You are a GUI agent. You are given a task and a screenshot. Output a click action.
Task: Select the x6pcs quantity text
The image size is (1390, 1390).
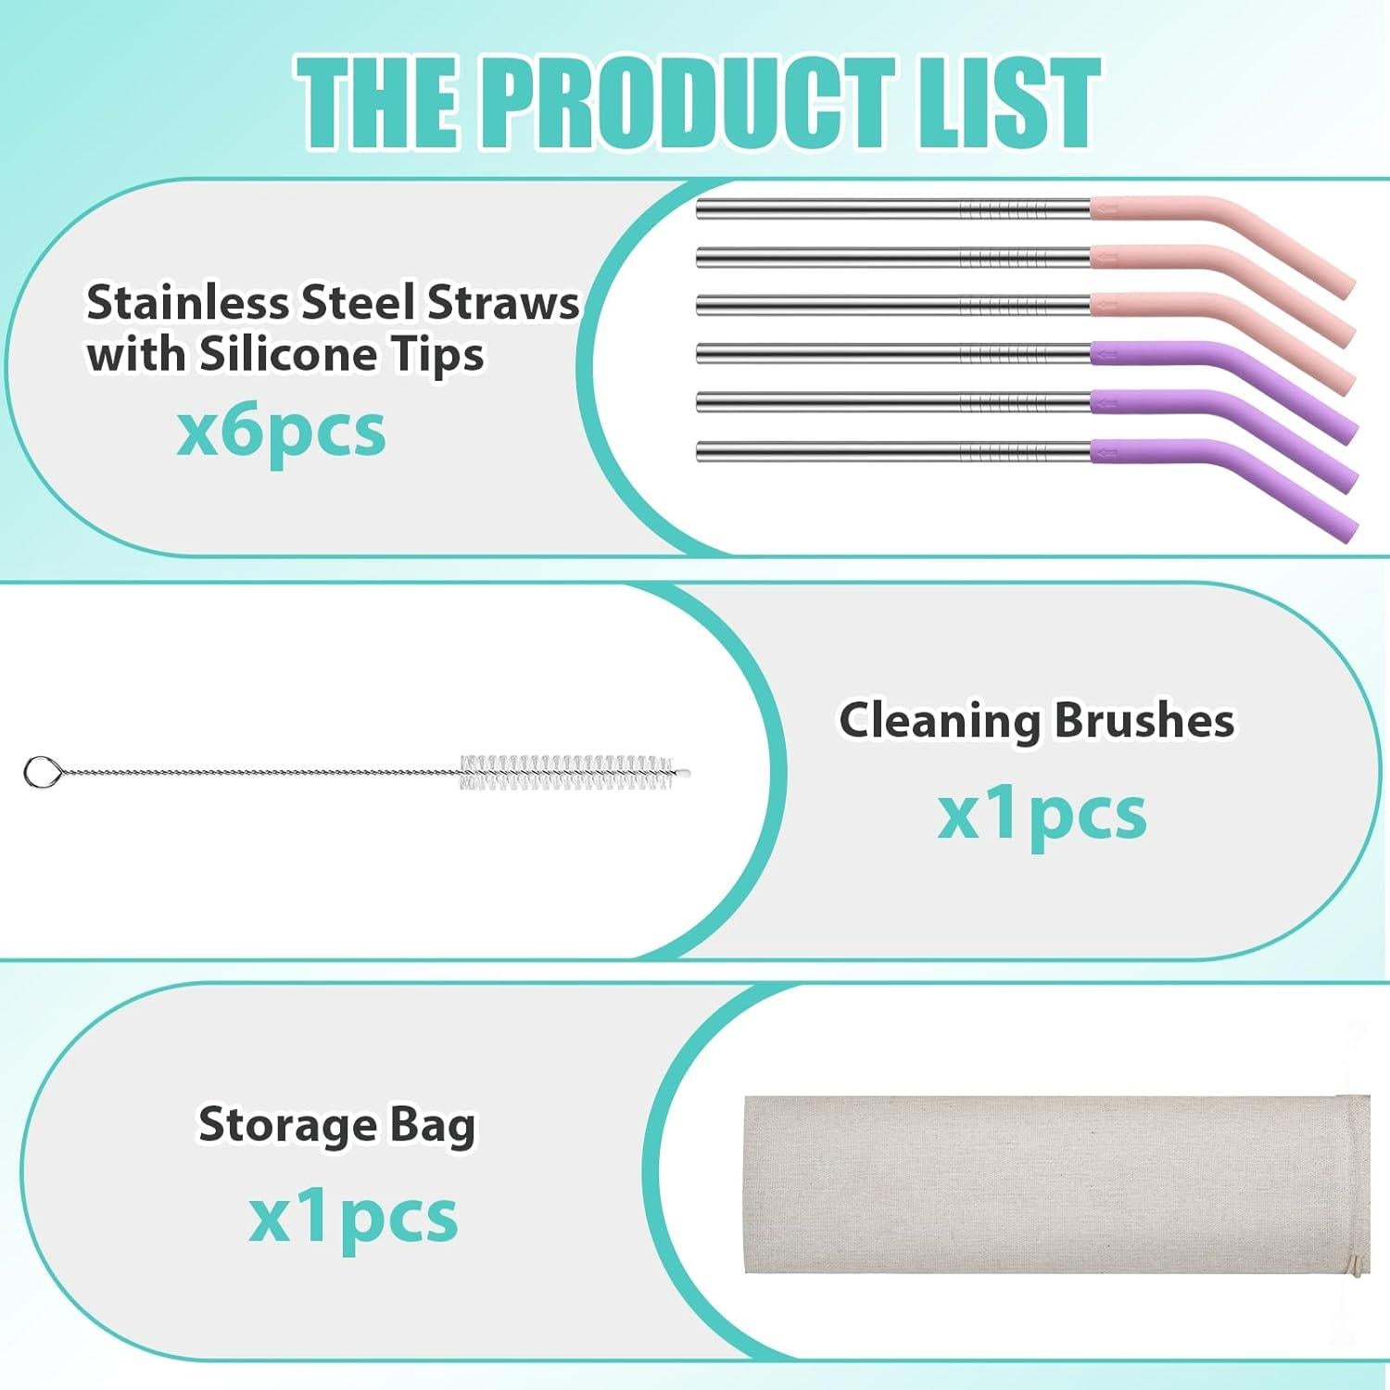tap(281, 433)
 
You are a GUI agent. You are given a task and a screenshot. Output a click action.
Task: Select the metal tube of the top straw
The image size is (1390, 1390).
tap(893, 208)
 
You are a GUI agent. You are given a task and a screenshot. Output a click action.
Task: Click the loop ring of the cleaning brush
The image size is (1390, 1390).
tap(41, 772)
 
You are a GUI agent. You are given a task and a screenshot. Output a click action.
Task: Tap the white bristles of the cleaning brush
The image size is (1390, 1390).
tap(575, 773)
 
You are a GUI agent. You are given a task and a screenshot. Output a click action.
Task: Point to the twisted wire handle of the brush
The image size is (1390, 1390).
tap(259, 771)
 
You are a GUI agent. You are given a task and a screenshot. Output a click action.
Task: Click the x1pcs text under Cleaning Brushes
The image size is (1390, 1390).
tap(1042, 815)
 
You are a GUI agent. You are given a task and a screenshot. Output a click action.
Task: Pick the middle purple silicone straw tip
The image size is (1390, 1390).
tap(1223, 430)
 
